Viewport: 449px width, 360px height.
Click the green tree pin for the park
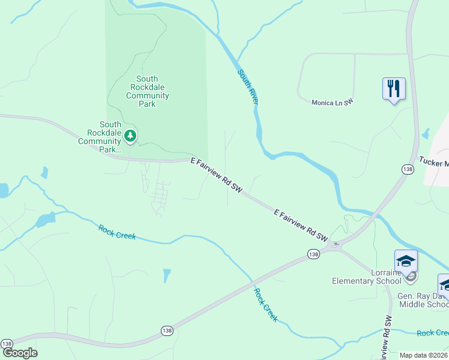(x=130, y=136)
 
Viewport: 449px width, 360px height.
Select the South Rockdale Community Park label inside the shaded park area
(x=147, y=91)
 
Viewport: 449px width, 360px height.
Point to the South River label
(x=248, y=88)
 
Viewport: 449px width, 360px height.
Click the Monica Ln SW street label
(x=333, y=103)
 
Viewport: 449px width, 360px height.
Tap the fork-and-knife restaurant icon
(x=394, y=89)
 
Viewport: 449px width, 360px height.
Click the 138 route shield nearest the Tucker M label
(x=408, y=170)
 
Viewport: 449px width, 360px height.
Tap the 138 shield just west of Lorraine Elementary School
(x=313, y=254)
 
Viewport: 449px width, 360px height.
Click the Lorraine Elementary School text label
(x=367, y=276)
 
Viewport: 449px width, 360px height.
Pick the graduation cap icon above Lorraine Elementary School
(x=406, y=262)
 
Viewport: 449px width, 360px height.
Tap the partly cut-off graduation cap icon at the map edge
(x=444, y=284)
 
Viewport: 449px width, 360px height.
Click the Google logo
(x=19, y=353)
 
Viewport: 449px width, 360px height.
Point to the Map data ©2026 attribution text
(x=424, y=355)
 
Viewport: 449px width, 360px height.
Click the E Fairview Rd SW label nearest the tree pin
(x=216, y=175)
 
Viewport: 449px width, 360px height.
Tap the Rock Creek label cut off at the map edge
(x=433, y=333)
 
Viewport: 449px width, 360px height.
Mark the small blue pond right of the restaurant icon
(x=426, y=133)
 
